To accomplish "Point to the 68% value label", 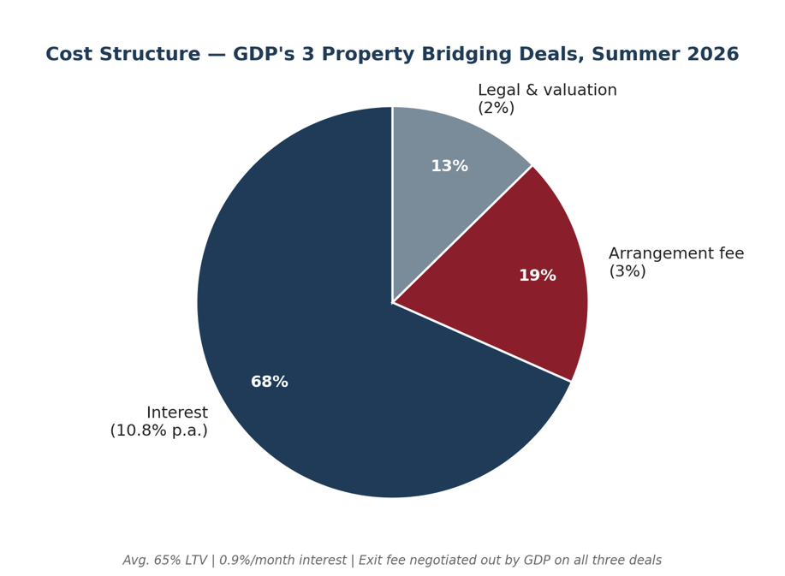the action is [270, 382].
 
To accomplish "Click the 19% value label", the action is [538, 276].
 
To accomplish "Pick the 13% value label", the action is [449, 166].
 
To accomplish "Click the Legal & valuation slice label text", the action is [547, 90].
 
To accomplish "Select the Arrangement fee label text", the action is [676, 253].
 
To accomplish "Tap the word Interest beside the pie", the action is [177, 413].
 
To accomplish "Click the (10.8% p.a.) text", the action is [158, 431].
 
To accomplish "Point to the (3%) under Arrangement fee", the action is [627, 271].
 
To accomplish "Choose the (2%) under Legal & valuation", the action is [497, 108].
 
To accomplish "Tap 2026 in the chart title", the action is [716, 54].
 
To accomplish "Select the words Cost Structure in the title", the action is [122, 54].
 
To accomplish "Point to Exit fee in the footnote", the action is [379, 560].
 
